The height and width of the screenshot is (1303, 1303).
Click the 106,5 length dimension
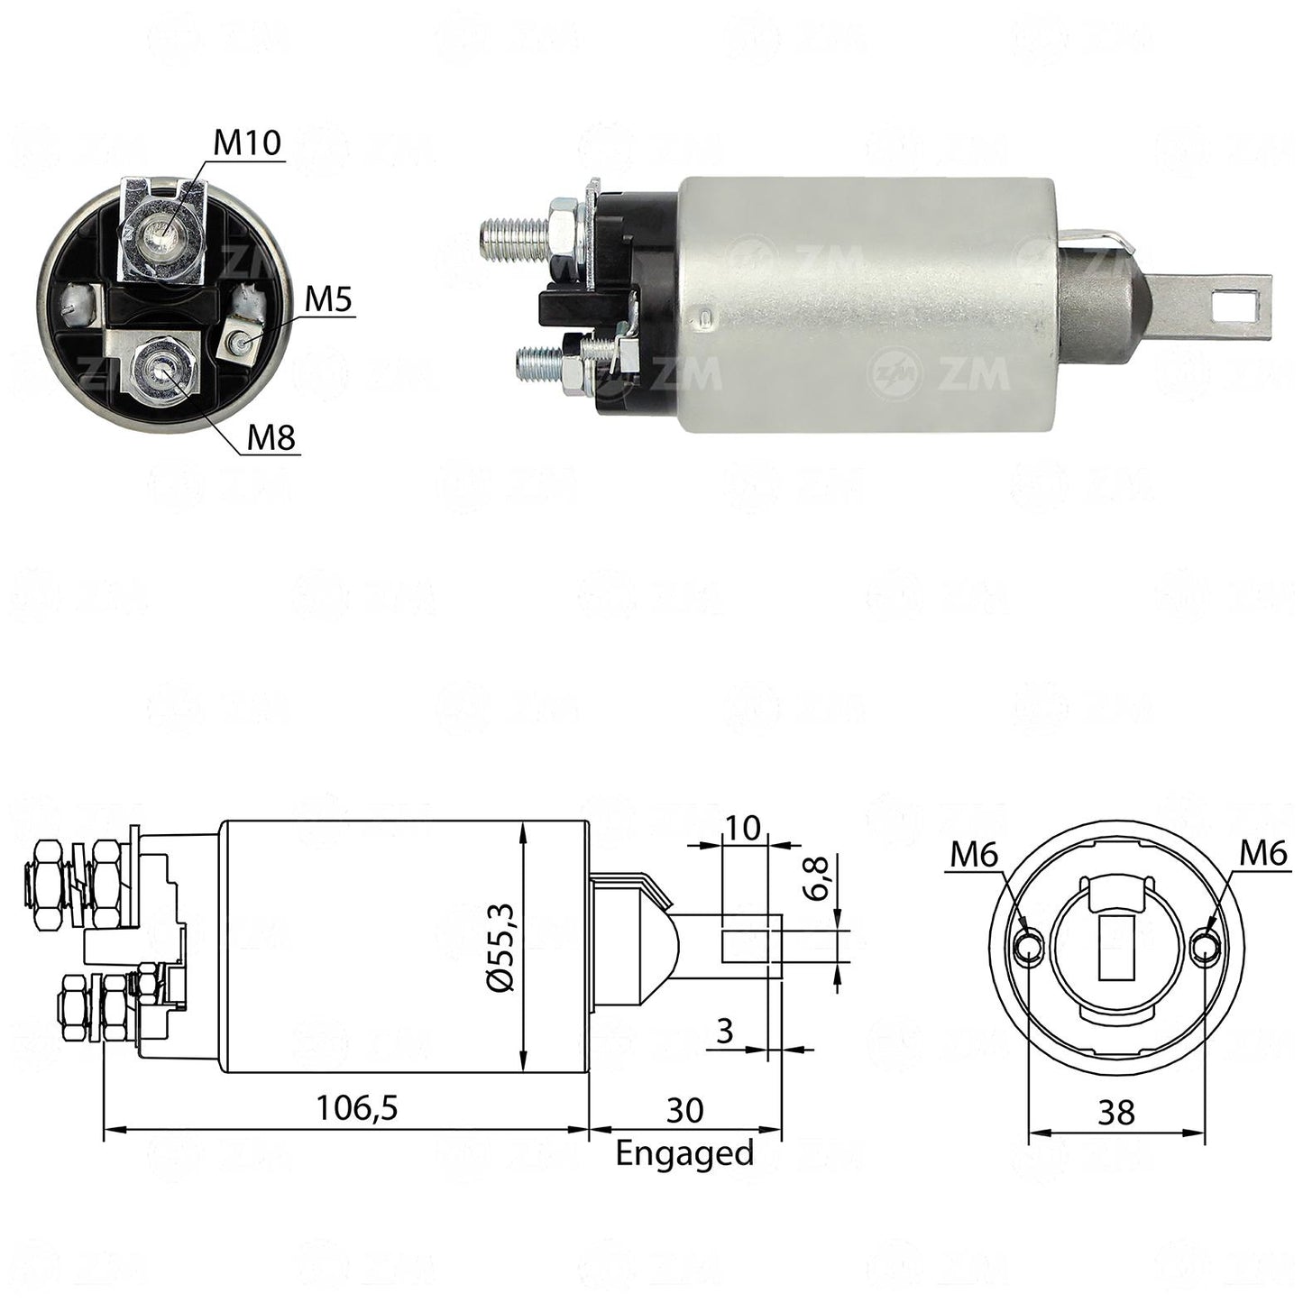point(358,1107)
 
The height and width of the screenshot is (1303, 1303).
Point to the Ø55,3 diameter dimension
point(504,948)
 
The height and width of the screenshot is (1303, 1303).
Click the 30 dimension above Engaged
point(685,1110)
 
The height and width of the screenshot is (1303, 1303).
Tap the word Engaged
point(684,1153)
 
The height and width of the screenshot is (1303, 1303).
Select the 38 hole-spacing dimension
point(1116,1112)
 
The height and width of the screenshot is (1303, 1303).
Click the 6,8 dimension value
point(818,877)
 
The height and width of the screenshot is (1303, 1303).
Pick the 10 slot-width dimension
point(742,827)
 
